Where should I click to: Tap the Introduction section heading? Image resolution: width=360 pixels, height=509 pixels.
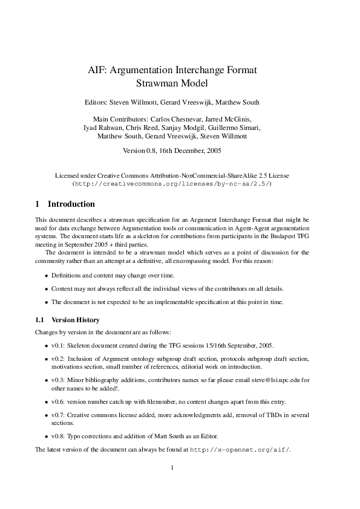coord(71,204)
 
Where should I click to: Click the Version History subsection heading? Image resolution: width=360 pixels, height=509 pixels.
coord(76,320)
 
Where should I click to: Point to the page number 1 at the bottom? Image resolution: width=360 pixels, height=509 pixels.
coord(172,467)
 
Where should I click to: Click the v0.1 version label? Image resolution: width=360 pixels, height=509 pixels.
coord(59,346)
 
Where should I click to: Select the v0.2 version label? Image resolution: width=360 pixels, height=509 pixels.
coord(59,359)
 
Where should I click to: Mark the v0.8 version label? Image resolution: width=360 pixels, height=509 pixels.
coord(59,436)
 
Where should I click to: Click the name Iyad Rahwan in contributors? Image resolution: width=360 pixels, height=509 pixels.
coord(103,128)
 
